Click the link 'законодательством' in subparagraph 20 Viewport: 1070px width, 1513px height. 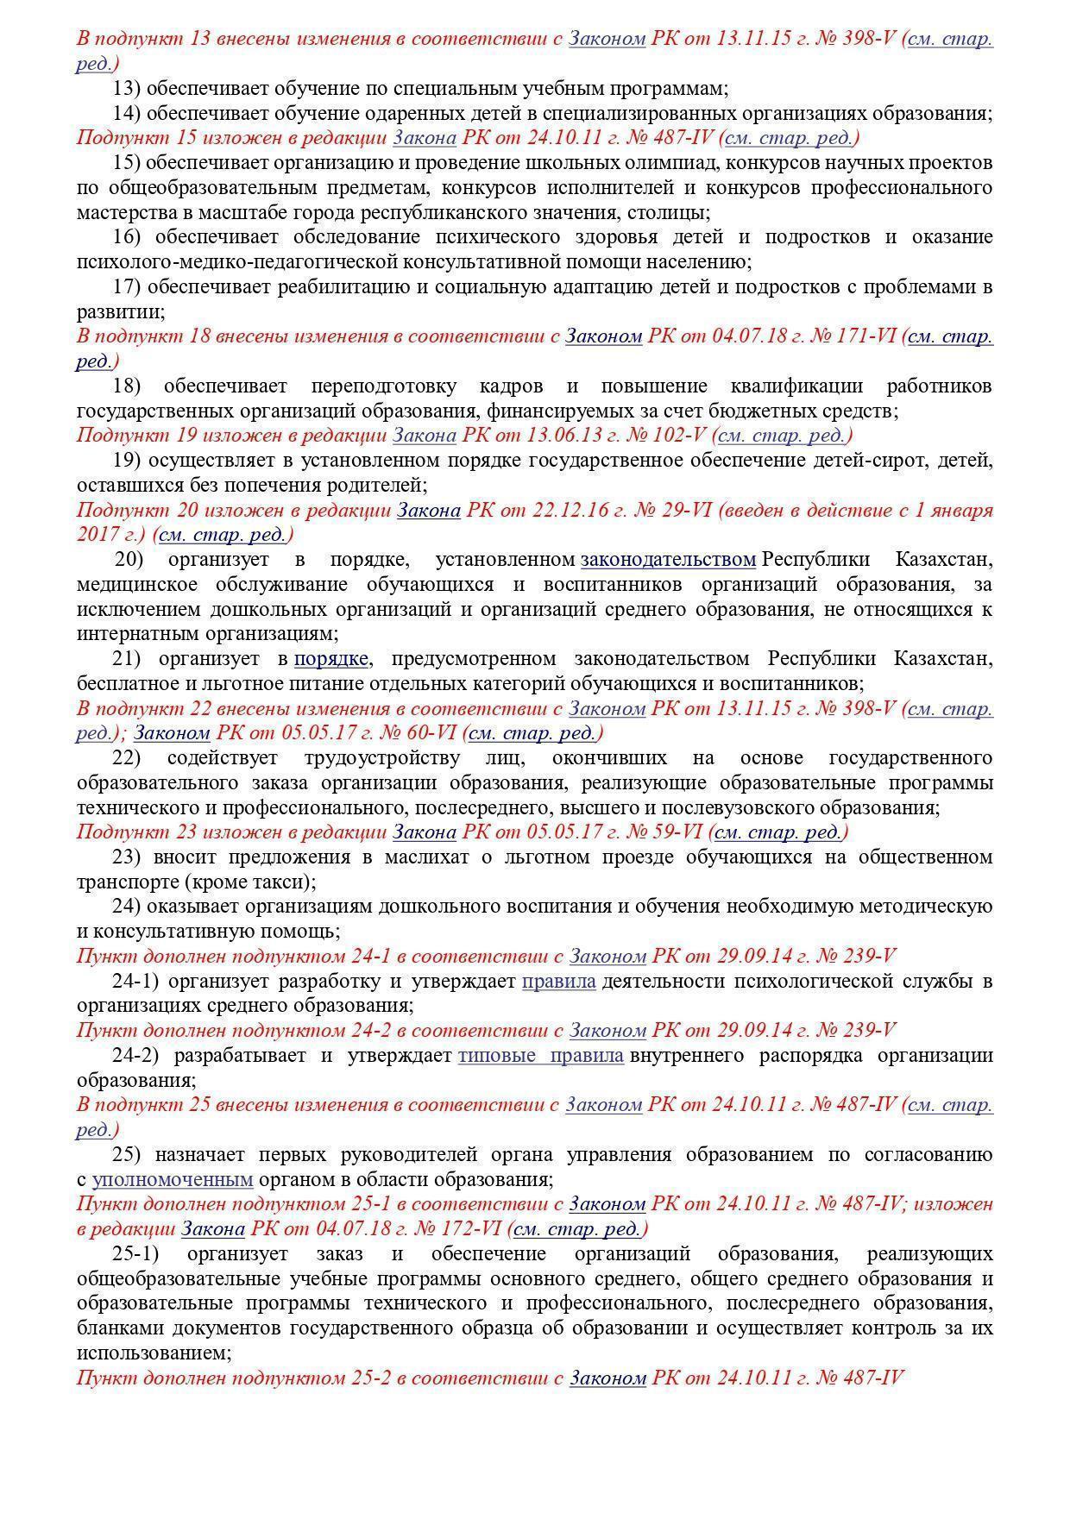[668, 560]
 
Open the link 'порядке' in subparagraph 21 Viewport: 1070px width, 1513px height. [331, 659]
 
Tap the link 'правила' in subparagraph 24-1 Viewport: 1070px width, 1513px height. [559, 982]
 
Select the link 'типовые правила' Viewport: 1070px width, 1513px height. [540, 1056]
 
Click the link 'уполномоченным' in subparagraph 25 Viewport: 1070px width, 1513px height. [173, 1179]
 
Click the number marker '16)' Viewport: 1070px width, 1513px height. [127, 237]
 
